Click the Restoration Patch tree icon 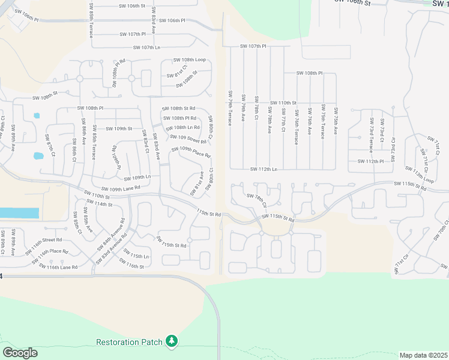172,341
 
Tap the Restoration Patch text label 129,342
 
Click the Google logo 20,353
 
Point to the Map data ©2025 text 424,355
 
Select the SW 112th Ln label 264,169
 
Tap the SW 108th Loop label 189,60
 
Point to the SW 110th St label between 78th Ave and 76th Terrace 283,103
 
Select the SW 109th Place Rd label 191,152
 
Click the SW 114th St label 100,205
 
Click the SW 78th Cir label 256,200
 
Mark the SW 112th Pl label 370,161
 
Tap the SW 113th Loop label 420,175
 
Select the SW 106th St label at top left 132,6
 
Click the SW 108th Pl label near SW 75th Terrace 309,73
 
